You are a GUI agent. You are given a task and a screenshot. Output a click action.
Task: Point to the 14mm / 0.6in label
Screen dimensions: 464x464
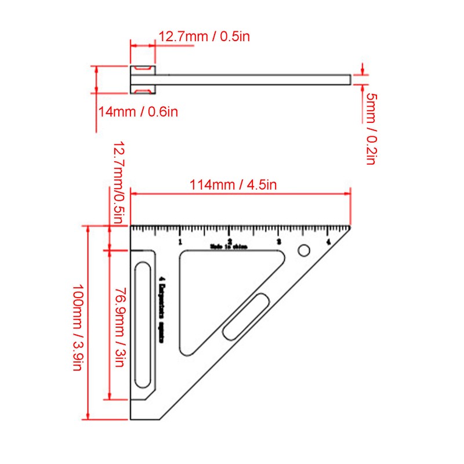(137, 111)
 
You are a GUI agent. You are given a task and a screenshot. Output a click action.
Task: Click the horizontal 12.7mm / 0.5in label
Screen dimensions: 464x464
(204, 36)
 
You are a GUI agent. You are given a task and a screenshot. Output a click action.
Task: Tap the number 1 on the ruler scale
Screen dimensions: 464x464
(180, 242)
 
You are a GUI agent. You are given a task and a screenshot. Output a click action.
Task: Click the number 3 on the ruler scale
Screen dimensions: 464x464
(279, 242)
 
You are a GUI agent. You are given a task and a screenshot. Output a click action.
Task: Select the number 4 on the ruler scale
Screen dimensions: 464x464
(328, 242)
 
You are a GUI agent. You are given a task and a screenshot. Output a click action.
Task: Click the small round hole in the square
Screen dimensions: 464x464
(303, 251)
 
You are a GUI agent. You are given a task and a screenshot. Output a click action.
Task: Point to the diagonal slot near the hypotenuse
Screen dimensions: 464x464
(245, 316)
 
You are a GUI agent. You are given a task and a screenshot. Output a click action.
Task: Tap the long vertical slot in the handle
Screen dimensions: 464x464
(142, 325)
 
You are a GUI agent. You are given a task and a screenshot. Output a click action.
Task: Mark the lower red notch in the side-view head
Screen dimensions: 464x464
(142, 90)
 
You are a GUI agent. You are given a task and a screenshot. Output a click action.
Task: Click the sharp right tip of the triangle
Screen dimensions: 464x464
(350, 226)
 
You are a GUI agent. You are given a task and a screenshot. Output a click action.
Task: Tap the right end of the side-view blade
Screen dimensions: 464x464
(350, 79)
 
